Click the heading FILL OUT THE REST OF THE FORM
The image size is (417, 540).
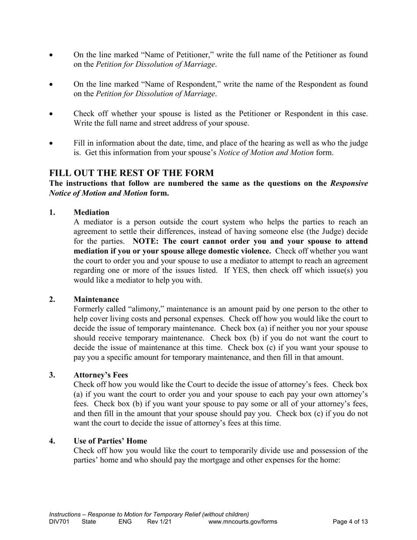pyautogui.click(x=132, y=173)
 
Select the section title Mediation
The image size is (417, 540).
pyautogui.click(x=91, y=212)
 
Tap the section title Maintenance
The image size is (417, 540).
pyautogui.click(x=96, y=299)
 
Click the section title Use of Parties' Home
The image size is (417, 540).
pyautogui.click(x=110, y=441)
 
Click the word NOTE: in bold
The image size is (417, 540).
pyautogui.click(x=147, y=241)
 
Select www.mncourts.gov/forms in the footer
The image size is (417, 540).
pyautogui.click(x=243, y=522)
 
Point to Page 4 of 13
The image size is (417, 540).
pyautogui.click(x=350, y=522)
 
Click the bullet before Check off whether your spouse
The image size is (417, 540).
pyautogui.click(x=51, y=114)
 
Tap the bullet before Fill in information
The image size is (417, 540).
pyautogui.click(x=51, y=144)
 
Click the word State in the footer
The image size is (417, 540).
pyautogui.click(x=89, y=522)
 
